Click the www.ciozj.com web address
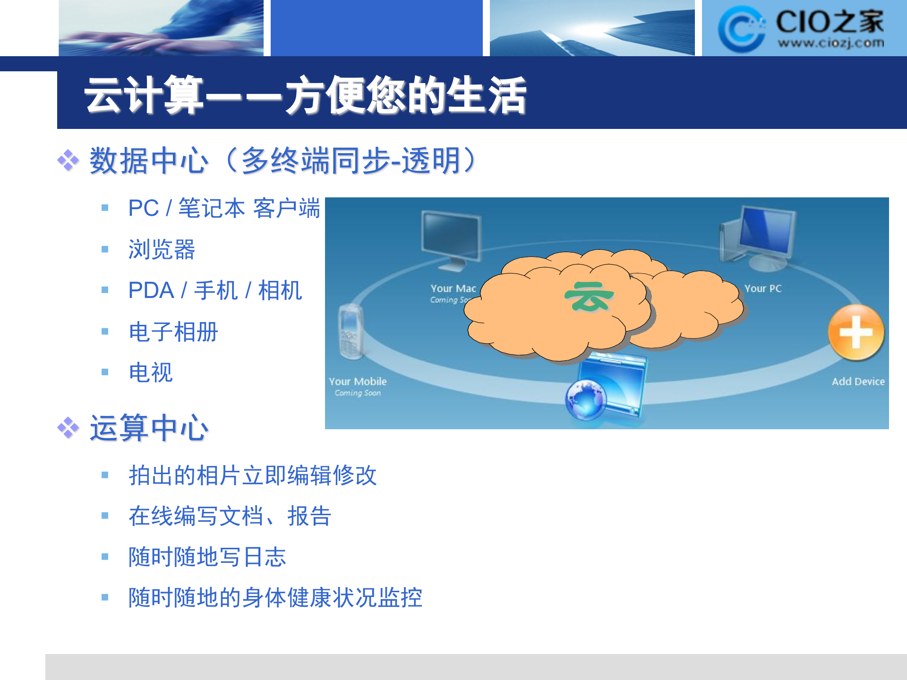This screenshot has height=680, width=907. click(x=831, y=43)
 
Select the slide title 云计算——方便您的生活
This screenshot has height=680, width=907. click(x=305, y=95)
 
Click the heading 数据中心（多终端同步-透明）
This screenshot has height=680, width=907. click(x=283, y=161)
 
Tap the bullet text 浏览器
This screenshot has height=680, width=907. click(x=162, y=249)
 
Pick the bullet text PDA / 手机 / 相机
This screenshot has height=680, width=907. click(x=215, y=290)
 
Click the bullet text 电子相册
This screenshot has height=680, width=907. click(x=173, y=331)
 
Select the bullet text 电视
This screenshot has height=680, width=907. click(x=151, y=373)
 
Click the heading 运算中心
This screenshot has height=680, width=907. click(x=149, y=428)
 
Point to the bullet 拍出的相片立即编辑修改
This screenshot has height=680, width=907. click(x=253, y=475)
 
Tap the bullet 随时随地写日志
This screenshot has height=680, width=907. click(x=207, y=557)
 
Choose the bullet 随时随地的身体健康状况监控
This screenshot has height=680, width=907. click(x=275, y=598)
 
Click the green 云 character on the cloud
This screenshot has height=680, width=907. click(x=589, y=297)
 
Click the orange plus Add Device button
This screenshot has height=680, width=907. click(x=856, y=332)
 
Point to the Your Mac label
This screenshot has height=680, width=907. click(x=453, y=288)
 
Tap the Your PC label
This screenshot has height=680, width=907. click(x=763, y=288)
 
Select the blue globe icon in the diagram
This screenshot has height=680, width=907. click(x=586, y=399)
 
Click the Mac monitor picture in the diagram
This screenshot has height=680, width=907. click(x=452, y=239)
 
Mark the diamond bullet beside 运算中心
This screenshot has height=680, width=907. click(x=68, y=428)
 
